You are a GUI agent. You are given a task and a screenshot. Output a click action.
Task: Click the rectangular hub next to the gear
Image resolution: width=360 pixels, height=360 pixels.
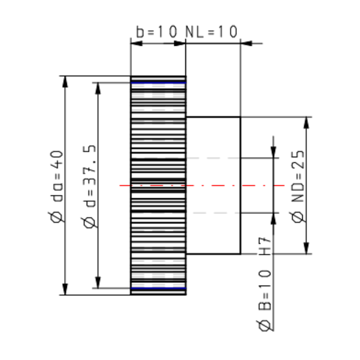point(213,186)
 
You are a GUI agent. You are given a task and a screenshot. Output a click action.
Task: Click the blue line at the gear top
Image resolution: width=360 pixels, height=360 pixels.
point(158,83)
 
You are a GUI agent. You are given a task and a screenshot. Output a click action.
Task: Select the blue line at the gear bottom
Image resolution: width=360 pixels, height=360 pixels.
point(158,289)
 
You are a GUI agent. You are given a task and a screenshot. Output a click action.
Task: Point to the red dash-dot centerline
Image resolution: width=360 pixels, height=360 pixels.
point(252,186)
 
